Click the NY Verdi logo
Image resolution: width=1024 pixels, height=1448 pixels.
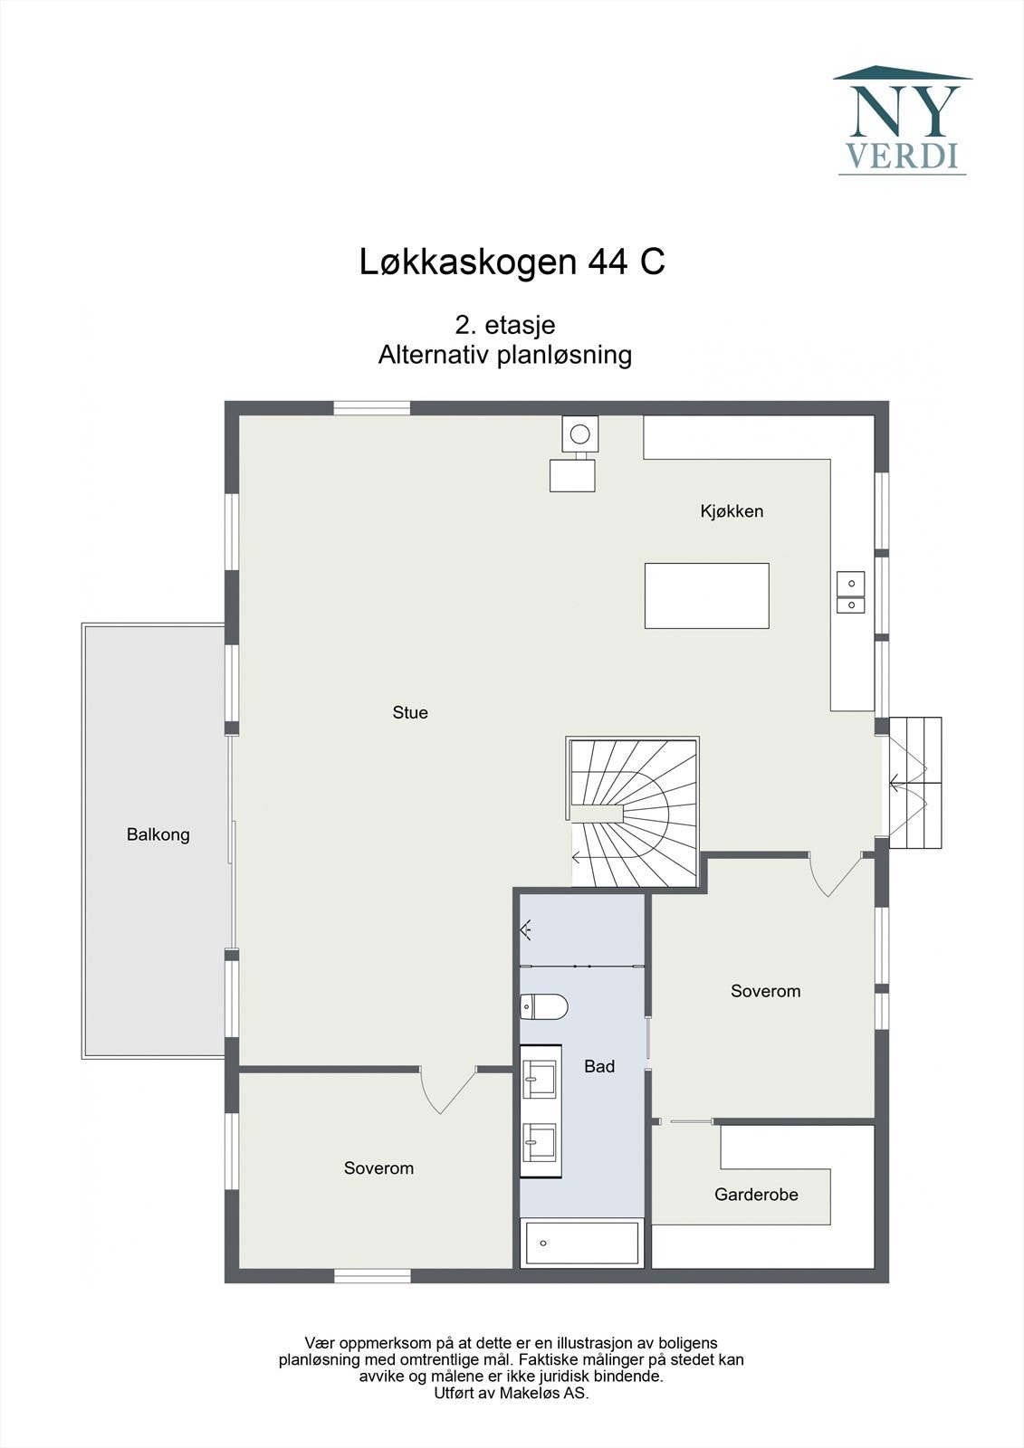point(902,120)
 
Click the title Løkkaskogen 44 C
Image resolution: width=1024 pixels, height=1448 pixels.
point(512,262)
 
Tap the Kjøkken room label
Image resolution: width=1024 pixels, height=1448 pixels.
point(732,511)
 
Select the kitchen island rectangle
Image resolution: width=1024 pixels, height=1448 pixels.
point(706,595)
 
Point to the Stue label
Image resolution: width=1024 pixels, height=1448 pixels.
point(410,713)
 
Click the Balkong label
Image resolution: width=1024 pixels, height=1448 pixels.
point(158,834)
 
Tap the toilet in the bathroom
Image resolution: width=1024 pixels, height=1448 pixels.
point(544,1005)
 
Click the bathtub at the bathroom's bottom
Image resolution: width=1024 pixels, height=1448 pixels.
point(582,1243)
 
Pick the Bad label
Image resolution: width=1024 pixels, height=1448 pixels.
point(599,1067)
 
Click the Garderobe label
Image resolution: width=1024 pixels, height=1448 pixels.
point(756,1195)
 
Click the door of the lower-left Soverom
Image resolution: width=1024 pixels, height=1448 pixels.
point(447,1089)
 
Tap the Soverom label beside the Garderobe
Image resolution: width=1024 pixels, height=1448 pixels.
point(765,991)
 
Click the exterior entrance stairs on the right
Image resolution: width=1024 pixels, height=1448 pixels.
point(916,782)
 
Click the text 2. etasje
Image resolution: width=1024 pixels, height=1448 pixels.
point(505,325)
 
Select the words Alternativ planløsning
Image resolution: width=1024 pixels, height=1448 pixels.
point(505,355)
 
